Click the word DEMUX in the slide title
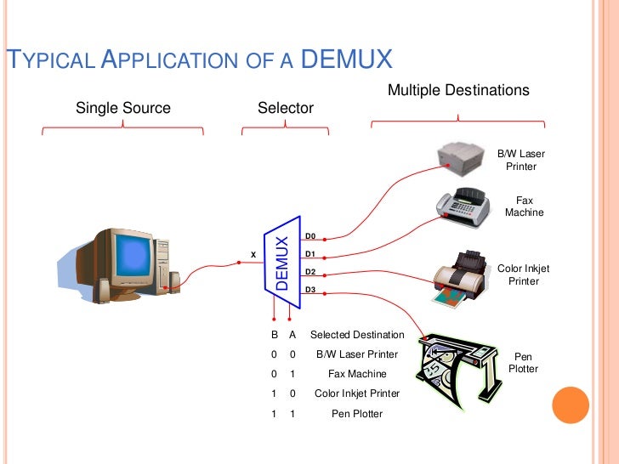tap(347, 59)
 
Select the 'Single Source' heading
tap(123, 108)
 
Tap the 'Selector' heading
tap(286, 108)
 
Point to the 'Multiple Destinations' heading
tap(458, 90)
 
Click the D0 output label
tap(310, 235)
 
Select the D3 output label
tap(310, 290)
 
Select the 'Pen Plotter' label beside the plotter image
tap(524, 363)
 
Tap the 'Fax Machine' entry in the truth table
tap(357, 374)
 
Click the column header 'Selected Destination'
tap(357, 335)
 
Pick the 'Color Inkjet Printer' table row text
tap(357, 394)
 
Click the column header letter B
tap(274, 335)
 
